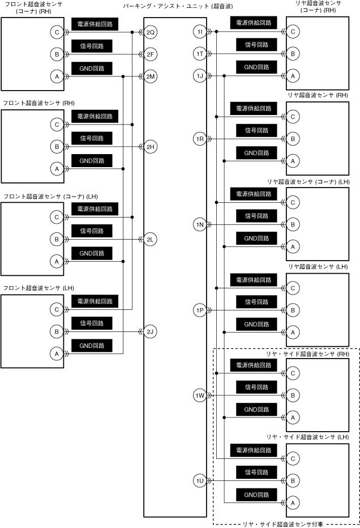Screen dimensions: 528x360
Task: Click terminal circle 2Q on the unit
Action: click(x=151, y=32)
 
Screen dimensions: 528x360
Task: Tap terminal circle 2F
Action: click(x=151, y=54)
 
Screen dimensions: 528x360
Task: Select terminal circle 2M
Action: click(x=151, y=76)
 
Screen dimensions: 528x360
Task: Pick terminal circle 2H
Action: click(x=151, y=147)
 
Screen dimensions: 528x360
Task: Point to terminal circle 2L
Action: click(x=151, y=239)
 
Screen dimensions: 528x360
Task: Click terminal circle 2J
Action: click(x=151, y=331)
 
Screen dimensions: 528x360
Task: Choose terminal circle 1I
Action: click(x=199, y=32)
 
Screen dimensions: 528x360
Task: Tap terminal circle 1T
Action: click(x=199, y=54)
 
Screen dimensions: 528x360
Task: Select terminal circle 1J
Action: click(x=199, y=76)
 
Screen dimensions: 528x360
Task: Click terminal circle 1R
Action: click(x=199, y=139)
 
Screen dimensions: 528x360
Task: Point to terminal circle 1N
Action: click(x=199, y=225)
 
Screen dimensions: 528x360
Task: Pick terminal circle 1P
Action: click(x=199, y=310)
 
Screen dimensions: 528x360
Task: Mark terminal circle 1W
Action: click(x=199, y=395)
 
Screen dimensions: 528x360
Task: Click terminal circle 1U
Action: click(x=199, y=481)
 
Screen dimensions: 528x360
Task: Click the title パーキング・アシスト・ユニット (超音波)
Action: click(x=178, y=6)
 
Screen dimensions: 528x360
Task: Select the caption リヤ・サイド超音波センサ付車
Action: click(x=286, y=524)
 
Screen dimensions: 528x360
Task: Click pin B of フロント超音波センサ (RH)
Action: click(x=57, y=147)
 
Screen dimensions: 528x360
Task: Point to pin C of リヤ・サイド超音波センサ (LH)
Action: click(x=293, y=459)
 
